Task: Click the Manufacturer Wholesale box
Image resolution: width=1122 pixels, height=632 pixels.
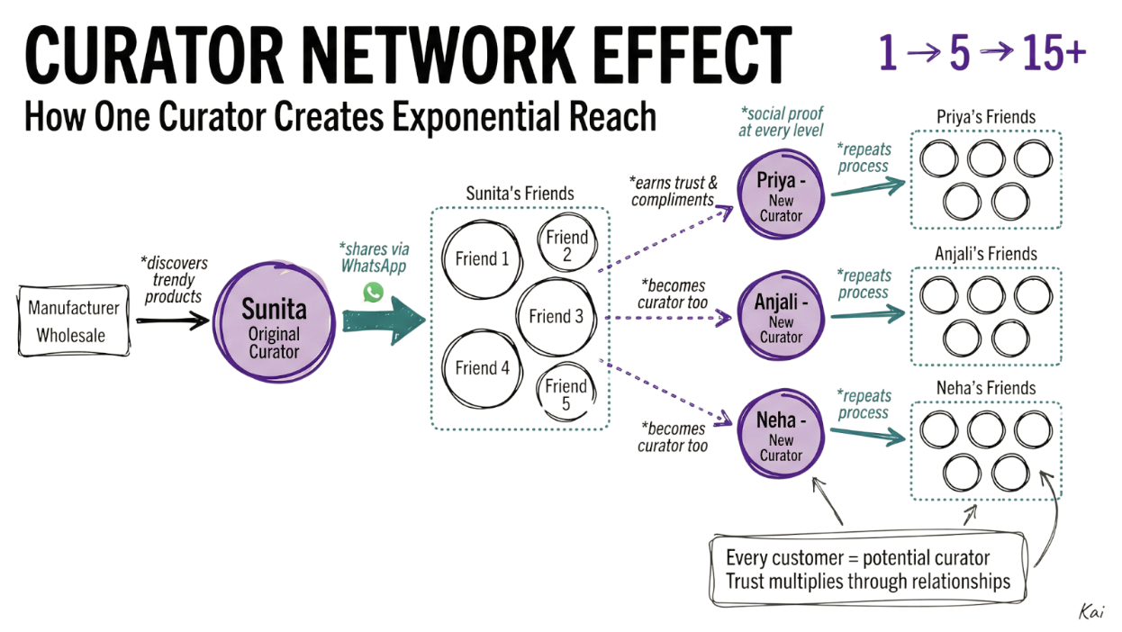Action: [75, 321]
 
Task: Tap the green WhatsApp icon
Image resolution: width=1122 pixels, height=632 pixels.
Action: [373, 292]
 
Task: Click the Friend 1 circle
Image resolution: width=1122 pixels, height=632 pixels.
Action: [482, 259]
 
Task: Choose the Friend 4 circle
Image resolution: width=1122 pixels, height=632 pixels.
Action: [482, 367]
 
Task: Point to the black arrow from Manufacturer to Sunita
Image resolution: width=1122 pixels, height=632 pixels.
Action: [173, 320]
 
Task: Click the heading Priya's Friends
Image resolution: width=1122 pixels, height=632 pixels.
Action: [986, 117]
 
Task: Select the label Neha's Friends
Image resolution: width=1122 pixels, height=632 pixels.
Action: [986, 388]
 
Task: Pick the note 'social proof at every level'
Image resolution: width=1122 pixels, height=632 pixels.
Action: [782, 122]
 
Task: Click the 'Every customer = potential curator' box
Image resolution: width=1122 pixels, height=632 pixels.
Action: [868, 569]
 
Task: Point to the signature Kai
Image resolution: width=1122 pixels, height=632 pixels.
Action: [1090, 611]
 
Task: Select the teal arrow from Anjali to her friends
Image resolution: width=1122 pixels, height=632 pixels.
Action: [867, 313]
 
